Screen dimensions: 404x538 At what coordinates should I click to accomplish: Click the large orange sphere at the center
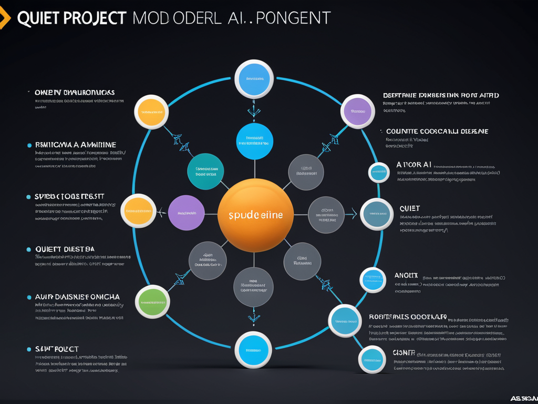coord(255,215)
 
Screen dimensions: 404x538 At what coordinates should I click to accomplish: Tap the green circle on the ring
coord(152,301)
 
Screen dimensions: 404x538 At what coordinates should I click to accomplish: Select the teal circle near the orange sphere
coord(206,171)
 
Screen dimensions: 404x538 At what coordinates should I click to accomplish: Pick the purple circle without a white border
coord(187,213)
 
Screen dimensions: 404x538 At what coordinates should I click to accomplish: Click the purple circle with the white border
coord(358,112)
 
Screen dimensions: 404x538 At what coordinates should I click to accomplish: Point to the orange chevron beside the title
coord(5,18)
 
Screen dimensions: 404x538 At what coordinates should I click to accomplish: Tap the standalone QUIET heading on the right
coord(410,209)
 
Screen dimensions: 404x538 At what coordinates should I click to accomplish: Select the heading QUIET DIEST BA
coord(65,249)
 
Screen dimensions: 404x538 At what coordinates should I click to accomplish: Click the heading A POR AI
coord(414,165)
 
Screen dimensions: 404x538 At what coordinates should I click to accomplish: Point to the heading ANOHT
coord(406,275)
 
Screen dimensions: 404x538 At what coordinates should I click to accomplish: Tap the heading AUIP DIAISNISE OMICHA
coord(77,297)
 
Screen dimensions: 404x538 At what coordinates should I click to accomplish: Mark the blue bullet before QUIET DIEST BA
coord(29,249)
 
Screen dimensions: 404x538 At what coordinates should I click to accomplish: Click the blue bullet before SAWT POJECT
coord(29,349)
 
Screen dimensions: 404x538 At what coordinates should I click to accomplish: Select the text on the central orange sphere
coord(255,215)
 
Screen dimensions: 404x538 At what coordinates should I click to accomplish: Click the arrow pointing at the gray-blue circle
coord(353,214)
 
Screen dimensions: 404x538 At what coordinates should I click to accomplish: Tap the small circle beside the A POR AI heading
coord(379,173)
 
